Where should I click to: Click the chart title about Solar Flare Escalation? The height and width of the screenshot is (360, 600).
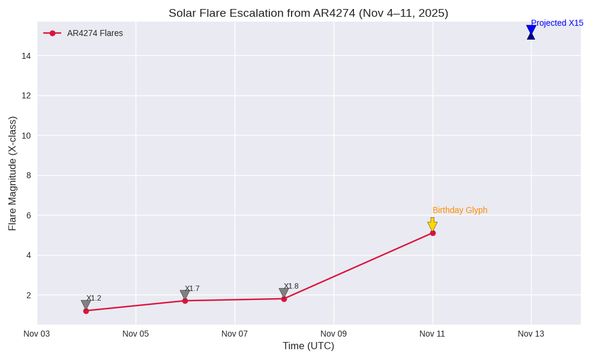tap(308, 13)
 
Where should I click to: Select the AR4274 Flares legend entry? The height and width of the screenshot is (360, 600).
tap(94, 33)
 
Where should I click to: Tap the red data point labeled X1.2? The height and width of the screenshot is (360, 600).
tap(86, 311)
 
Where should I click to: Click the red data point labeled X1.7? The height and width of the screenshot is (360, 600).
tap(185, 301)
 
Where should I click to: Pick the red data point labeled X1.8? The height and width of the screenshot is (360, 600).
tap(284, 299)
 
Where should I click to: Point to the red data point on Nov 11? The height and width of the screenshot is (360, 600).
tap(433, 233)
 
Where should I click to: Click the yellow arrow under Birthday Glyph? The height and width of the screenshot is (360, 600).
tap(432, 224)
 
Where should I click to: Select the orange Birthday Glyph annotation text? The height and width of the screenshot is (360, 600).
tap(460, 210)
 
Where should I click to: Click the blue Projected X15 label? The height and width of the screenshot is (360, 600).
tap(557, 23)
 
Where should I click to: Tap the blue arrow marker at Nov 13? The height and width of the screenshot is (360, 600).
tap(531, 32)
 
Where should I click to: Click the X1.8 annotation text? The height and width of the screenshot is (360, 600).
tap(291, 286)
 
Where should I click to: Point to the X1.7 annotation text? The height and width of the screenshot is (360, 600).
tap(192, 289)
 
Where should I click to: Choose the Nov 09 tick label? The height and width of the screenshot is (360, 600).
tap(333, 334)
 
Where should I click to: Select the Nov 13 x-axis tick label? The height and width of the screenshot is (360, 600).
tap(531, 334)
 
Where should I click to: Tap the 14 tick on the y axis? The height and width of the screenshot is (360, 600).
tap(26, 56)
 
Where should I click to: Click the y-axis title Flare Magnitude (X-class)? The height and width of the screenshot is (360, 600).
tap(12, 173)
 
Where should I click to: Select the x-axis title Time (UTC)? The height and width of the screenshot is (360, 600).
tap(308, 346)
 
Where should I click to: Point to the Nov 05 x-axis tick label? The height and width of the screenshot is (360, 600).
tap(136, 334)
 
